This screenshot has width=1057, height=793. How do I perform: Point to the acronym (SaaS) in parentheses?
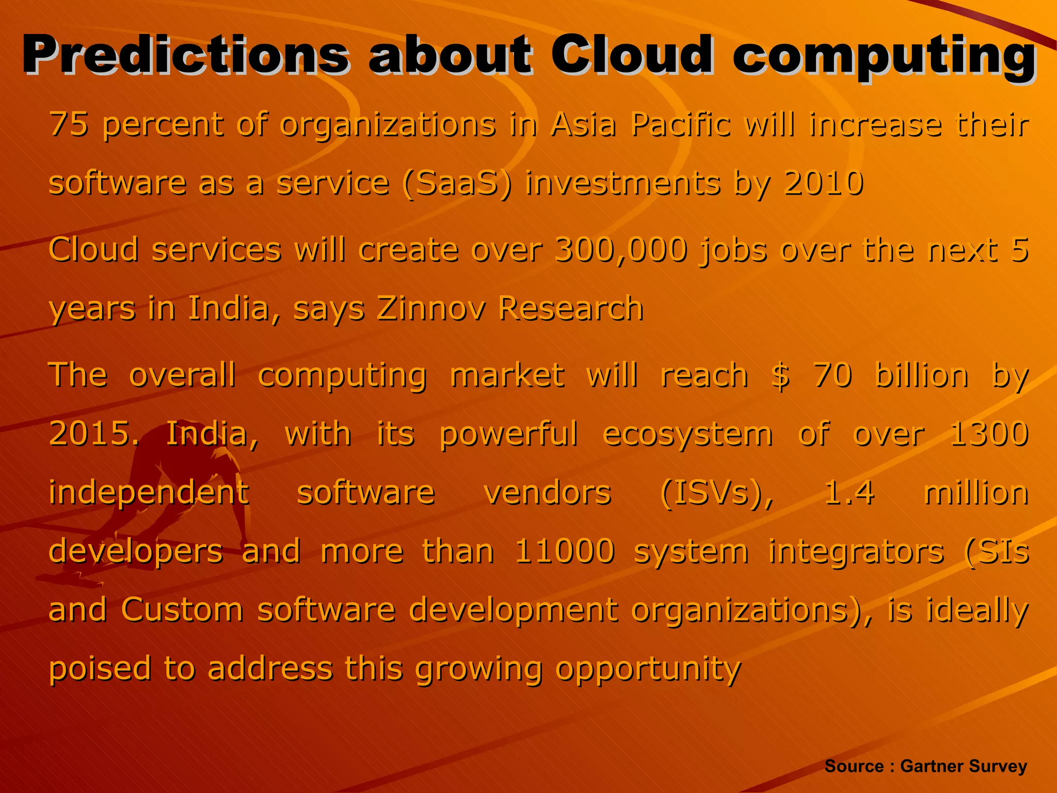click(457, 183)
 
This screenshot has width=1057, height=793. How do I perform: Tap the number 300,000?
click(621, 250)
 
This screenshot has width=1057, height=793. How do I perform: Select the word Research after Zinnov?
click(570, 308)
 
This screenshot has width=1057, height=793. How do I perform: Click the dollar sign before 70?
click(780, 375)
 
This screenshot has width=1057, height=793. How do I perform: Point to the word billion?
click(922, 375)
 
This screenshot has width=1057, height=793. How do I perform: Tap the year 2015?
click(93, 434)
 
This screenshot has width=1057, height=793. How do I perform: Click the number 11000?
click(565, 551)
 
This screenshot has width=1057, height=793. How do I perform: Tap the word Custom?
click(182, 610)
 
